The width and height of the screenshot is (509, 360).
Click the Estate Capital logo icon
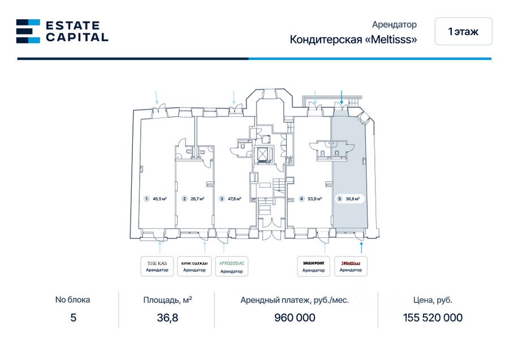(x=28, y=31)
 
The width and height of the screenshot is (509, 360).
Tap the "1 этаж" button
(x=463, y=32)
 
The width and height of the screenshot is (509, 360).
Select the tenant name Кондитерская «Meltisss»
(x=353, y=40)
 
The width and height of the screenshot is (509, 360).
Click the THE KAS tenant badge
(x=157, y=266)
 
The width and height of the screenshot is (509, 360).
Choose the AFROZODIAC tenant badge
(x=231, y=266)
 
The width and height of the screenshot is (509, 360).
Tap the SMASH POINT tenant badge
(x=313, y=266)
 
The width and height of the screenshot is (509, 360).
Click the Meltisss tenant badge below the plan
(x=351, y=266)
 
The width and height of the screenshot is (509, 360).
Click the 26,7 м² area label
(x=197, y=199)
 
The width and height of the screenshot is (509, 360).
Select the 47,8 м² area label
(x=235, y=199)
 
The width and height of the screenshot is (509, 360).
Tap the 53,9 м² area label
(x=314, y=199)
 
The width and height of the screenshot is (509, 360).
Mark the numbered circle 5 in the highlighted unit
(x=339, y=199)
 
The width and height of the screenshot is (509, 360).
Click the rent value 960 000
(x=295, y=318)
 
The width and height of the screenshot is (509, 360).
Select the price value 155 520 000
(x=433, y=318)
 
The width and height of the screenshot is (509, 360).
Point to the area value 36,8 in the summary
(x=167, y=318)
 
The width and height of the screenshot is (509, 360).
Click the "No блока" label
(x=72, y=300)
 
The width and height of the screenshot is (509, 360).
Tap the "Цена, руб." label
(x=433, y=300)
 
